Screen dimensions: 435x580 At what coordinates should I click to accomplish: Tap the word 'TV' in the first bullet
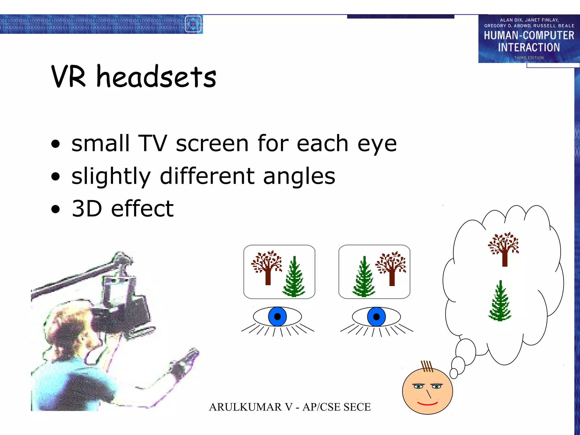[x=152, y=143]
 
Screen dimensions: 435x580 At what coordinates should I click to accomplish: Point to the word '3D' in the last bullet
[x=87, y=209]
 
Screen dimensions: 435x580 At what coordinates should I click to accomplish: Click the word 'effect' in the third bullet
[x=142, y=209]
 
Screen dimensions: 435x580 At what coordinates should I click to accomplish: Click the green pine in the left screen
[x=294, y=279]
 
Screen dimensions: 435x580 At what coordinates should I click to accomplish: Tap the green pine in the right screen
[x=364, y=279]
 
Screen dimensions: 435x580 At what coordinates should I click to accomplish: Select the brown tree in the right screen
[x=391, y=268]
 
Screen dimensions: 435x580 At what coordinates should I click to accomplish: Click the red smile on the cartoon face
[x=427, y=403]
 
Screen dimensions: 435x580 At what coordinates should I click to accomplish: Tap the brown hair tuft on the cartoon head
[x=427, y=366]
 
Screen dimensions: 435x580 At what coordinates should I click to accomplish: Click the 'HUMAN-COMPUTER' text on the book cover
[x=529, y=35]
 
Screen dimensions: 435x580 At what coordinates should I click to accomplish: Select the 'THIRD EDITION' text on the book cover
[x=529, y=58]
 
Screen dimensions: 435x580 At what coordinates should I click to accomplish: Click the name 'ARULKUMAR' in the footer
[x=245, y=407]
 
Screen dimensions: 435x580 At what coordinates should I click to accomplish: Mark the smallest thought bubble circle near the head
[x=454, y=373]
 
